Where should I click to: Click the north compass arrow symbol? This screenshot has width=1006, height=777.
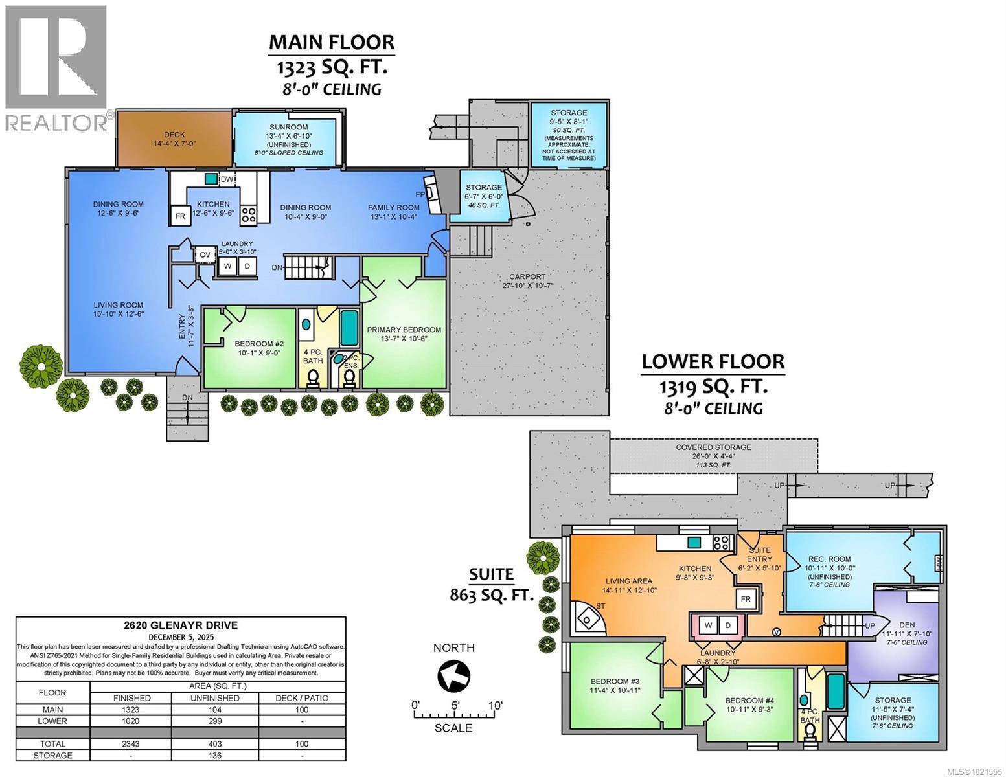(x=453, y=677)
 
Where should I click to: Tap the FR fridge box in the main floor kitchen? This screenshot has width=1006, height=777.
(x=179, y=216)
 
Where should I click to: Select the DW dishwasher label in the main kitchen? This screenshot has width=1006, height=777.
(x=227, y=179)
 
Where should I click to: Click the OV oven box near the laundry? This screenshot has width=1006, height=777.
(x=205, y=254)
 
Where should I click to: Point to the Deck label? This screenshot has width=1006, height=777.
(x=174, y=135)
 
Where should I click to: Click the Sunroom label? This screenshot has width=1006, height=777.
(x=288, y=127)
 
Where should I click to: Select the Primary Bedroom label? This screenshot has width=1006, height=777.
(x=404, y=330)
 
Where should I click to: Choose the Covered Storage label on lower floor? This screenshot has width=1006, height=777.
(x=713, y=447)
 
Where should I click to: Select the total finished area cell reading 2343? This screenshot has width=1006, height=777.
(x=131, y=744)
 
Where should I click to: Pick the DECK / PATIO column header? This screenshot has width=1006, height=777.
(x=302, y=698)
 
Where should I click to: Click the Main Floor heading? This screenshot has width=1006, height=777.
(x=331, y=42)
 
